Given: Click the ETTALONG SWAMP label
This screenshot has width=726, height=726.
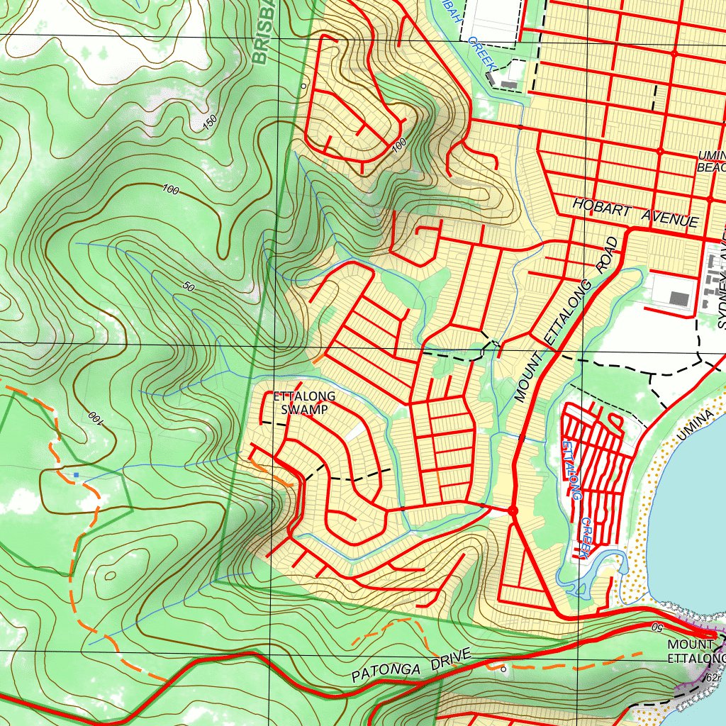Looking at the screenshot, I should [304, 403].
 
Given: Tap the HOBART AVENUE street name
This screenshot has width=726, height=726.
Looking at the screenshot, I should [635, 213].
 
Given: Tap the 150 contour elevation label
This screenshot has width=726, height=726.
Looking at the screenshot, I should [210, 122].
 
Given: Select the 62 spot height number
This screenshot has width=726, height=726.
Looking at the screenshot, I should [712, 678].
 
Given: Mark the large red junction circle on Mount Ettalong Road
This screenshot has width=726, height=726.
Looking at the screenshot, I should [513, 510].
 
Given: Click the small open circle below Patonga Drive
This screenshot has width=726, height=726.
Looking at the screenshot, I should [503, 669].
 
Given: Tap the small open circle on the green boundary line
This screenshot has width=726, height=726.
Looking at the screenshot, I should [303, 86].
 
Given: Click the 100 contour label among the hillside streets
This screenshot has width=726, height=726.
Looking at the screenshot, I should [399, 144].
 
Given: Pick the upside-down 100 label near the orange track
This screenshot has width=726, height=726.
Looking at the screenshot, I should [94, 418].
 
